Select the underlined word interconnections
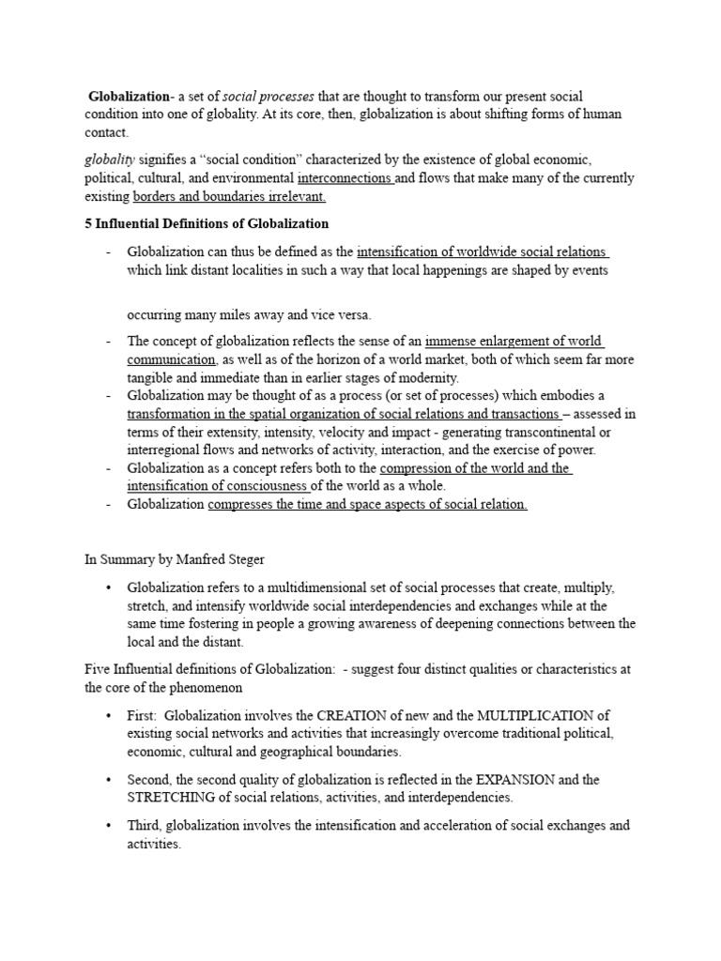coord(344,178)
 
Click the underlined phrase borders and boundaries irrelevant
coord(230,196)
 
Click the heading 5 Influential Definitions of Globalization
coord(207,223)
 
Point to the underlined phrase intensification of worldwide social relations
coord(483,252)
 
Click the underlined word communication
coord(172,358)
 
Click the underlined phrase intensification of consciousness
coord(218,485)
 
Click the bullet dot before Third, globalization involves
coord(109,826)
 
